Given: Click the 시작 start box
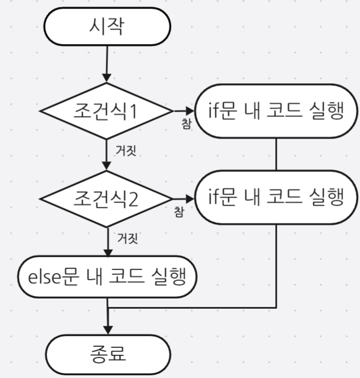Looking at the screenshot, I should coord(108,26).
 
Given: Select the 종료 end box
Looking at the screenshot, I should coord(108,355).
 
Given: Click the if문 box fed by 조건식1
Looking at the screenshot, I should coord(276,112).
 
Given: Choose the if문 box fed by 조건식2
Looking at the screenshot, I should coord(276,198).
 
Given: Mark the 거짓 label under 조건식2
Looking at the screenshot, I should coord(127,238).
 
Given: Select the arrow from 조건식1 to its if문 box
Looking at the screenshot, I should coord(180,112).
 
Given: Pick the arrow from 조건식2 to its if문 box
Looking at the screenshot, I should coord(180,199).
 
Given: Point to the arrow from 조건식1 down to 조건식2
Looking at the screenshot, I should coord(108,156).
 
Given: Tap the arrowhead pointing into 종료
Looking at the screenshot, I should coord(108,329).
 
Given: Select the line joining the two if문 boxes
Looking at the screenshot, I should coord(276,155).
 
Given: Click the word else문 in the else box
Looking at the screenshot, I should coord(49,278).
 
